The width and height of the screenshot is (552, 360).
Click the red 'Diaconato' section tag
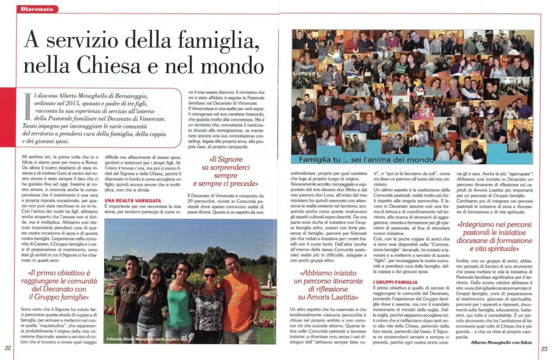(36, 10)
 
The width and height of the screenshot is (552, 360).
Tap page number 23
(544, 348)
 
